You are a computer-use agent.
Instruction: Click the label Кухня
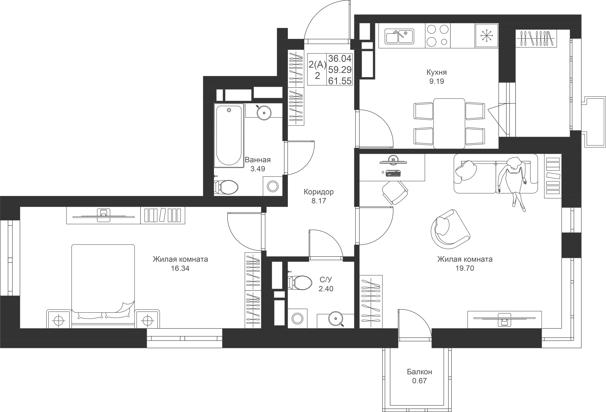pyautogui.click(x=436, y=72)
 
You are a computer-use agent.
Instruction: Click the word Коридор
pyautogui.click(x=318, y=192)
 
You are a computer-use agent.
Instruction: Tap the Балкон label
pyautogui.click(x=419, y=372)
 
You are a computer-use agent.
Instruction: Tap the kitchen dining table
pyautogui.click(x=449, y=123)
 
